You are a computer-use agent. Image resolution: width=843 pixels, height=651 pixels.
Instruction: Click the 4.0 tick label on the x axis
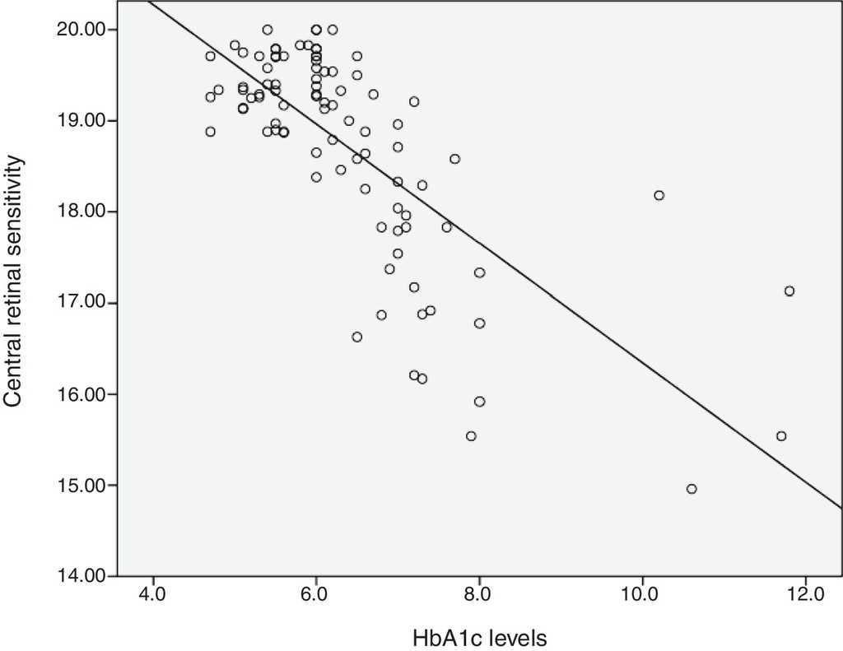(x=152, y=595)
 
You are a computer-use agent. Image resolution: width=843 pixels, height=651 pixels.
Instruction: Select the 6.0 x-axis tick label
(x=316, y=595)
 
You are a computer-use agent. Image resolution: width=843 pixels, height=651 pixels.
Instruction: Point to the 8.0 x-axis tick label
(x=479, y=595)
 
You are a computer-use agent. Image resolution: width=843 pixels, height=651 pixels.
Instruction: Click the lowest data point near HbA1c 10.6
(x=692, y=489)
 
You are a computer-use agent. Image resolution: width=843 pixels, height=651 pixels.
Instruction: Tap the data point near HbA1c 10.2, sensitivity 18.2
(x=659, y=195)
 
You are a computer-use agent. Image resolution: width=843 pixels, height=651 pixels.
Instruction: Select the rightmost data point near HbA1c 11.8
(x=789, y=291)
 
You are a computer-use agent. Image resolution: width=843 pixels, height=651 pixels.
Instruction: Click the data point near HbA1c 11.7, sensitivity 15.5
(x=781, y=436)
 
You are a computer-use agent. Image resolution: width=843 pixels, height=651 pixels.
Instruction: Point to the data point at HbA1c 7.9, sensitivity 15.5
(x=471, y=436)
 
